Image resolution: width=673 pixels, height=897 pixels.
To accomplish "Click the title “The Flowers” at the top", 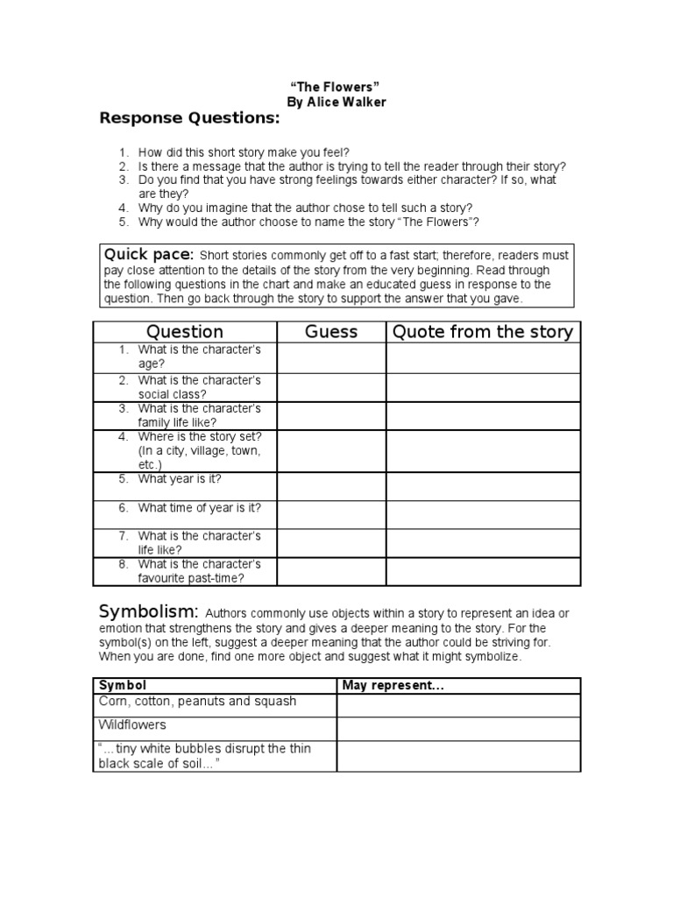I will (x=337, y=88).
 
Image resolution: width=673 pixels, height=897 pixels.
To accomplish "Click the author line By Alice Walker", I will (x=337, y=102).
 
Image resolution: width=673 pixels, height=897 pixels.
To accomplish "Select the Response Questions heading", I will (x=189, y=118).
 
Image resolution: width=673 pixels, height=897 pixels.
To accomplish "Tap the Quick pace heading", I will (x=148, y=254).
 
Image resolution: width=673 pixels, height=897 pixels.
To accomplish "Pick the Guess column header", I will (x=331, y=331).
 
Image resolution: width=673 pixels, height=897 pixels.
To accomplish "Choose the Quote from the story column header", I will (x=483, y=331).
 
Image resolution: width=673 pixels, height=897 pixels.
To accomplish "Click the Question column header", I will (x=185, y=331).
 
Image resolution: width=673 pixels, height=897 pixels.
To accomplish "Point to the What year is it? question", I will (x=180, y=479).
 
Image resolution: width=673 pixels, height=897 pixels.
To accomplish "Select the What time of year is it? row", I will (x=200, y=507).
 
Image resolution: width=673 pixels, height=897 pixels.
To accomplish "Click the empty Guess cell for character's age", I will (x=331, y=357).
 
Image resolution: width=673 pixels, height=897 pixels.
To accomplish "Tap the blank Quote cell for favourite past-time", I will (x=483, y=571).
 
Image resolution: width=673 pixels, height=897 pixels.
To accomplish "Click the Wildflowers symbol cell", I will (x=131, y=725).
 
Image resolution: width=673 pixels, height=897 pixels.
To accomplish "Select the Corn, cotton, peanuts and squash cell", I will (x=196, y=701).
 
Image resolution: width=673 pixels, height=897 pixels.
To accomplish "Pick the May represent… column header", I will (x=393, y=685).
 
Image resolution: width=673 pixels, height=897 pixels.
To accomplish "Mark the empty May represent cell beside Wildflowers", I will (x=458, y=729).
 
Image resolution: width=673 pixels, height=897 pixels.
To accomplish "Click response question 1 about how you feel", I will (x=244, y=152).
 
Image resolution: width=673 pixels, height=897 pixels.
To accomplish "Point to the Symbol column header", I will (x=123, y=685).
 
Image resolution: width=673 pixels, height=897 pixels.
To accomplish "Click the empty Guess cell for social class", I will (x=331, y=387).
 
